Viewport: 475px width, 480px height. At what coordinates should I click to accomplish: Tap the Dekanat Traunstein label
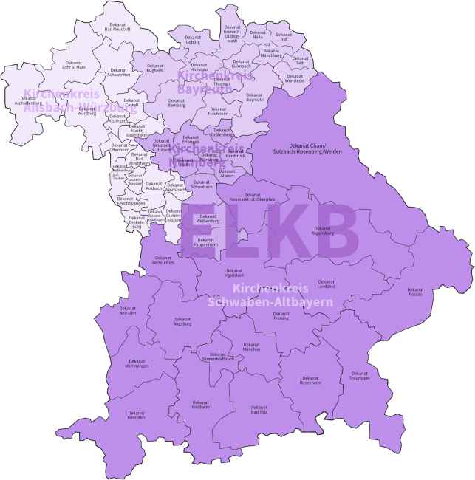tap(360, 376)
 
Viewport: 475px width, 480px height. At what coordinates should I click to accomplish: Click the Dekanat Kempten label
tap(136, 415)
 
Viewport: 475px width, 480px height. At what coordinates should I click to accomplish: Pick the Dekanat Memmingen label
tap(137, 363)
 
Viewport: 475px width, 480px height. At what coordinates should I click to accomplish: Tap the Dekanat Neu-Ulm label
tap(128, 310)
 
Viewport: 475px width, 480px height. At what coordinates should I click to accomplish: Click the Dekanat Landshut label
tap(327, 284)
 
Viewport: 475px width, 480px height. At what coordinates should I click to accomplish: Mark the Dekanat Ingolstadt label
tap(234, 272)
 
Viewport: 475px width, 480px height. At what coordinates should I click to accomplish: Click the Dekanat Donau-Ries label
tap(163, 260)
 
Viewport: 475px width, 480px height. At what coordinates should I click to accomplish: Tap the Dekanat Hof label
tap(284, 37)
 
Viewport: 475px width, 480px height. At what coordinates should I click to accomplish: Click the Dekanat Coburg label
tap(193, 40)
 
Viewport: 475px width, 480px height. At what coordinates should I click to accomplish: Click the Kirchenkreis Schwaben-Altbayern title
tap(270, 295)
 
